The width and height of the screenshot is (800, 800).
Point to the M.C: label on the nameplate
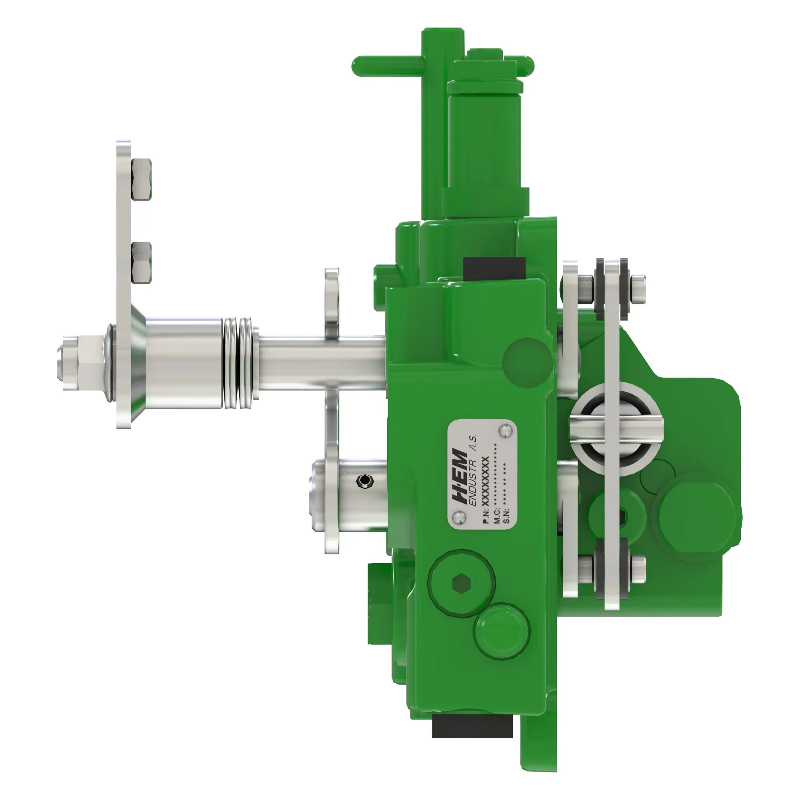tap(496, 518)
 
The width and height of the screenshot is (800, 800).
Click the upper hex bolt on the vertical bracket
tap(141, 179)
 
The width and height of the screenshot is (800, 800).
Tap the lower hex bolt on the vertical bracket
tap(141, 263)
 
